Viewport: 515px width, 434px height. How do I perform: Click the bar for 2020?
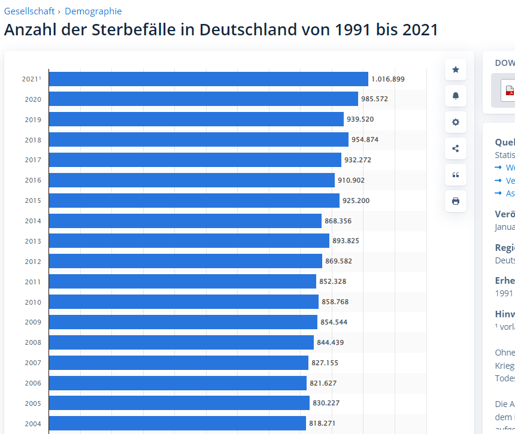tap(203, 99)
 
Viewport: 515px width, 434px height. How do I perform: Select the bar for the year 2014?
tap(185, 221)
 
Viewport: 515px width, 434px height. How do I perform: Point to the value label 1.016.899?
tap(388, 79)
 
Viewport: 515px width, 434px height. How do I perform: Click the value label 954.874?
tap(365, 139)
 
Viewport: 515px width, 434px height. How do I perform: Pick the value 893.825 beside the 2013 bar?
tap(346, 241)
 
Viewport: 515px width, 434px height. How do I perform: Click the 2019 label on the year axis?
tap(33, 120)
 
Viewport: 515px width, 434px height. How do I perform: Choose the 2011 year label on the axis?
tap(33, 282)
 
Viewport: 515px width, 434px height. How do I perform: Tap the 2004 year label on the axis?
tap(33, 424)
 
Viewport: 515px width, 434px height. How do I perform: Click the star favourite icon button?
tap(456, 70)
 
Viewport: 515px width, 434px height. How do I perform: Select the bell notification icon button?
tap(456, 96)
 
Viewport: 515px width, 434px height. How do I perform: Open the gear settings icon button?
tap(456, 122)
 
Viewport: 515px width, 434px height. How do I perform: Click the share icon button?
tap(456, 148)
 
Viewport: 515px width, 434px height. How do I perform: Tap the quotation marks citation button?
tap(456, 175)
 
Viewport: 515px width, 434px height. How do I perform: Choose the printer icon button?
tap(456, 201)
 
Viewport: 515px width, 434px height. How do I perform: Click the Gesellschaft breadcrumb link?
tap(29, 11)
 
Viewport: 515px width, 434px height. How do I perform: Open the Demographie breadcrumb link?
tap(93, 11)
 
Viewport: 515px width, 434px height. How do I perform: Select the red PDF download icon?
tap(510, 90)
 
